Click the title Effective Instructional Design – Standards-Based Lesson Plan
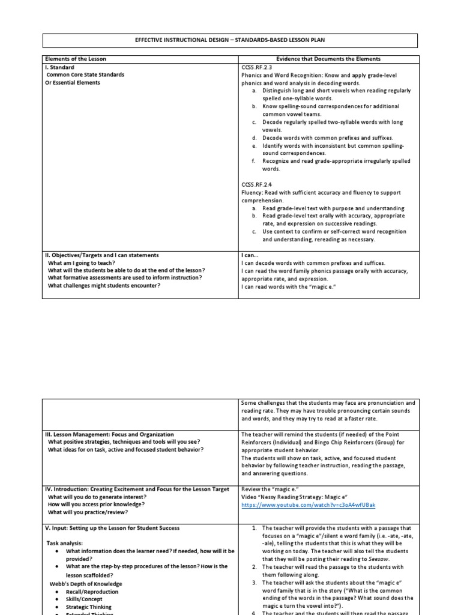pyautogui.click(x=229, y=40)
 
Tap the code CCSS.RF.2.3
pyautogui.click(x=258, y=68)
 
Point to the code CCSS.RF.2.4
pyautogui.click(x=258, y=185)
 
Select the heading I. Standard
pyautogui.click(x=59, y=68)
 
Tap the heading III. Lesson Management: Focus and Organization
pyautogui.click(x=110, y=434)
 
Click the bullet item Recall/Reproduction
pyautogui.click(x=92, y=592)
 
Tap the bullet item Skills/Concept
pyautogui.click(x=85, y=599)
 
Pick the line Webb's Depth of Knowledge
pyautogui.click(x=86, y=584)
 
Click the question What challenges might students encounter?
pyautogui.click(x=104, y=286)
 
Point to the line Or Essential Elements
pyautogui.click(x=73, y=83)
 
